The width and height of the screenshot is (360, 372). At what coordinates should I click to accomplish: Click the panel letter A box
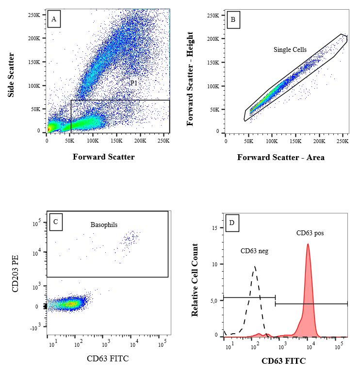54,19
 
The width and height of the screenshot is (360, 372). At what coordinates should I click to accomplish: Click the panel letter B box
233,19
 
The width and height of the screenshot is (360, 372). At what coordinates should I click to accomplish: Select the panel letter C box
55,222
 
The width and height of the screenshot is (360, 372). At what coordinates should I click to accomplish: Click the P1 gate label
134,83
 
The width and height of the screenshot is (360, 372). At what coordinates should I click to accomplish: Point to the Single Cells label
290,49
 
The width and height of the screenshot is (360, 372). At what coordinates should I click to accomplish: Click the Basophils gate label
104,225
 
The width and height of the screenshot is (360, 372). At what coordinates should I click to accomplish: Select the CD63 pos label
310,233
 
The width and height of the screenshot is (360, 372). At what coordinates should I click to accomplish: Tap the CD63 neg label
255,251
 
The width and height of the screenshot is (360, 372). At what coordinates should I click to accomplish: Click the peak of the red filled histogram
308,244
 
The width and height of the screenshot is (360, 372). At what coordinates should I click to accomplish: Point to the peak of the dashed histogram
254,266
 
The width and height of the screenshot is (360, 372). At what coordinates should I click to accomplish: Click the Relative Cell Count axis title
195,280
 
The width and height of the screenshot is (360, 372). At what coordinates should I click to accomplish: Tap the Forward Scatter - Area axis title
281,157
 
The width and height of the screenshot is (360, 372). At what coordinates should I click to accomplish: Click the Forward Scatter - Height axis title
190,79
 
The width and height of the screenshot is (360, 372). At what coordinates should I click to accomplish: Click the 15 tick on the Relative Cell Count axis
217,228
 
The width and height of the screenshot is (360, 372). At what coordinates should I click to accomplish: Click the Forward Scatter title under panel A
104,157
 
